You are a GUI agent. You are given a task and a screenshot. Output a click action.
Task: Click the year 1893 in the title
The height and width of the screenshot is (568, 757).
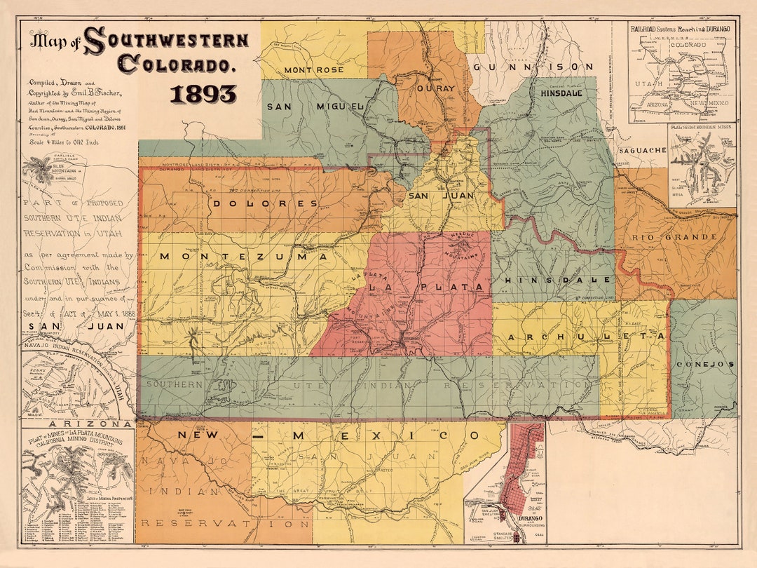[203, 94]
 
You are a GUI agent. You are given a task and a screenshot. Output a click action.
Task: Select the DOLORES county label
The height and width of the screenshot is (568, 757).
[266, 203]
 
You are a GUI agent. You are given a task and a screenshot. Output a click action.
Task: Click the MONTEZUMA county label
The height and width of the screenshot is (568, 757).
[243, 257]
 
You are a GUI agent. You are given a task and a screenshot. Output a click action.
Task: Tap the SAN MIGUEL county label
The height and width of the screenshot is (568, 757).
[315, 107]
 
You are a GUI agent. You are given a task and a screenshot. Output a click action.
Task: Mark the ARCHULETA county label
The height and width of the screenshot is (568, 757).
[586, 338]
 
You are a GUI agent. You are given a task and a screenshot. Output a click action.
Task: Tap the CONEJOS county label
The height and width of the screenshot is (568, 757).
[704, 364]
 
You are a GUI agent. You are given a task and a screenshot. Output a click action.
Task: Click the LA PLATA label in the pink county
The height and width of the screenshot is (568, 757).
[426, 288]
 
